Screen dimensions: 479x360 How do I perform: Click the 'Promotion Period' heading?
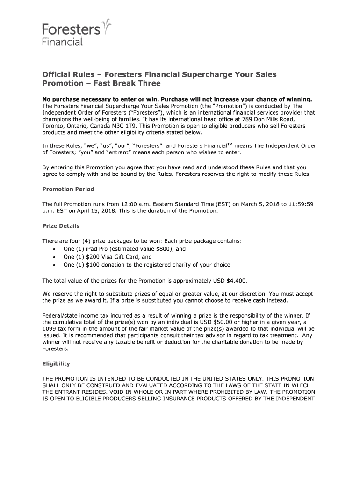click(x=68, y=189)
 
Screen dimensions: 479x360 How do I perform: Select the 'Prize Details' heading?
click(x=61, y=226)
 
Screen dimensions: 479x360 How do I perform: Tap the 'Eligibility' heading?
click(x=56, y=363)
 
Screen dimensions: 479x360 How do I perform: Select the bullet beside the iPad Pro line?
click(x=55, y=249)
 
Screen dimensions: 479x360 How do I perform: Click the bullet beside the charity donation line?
click(x=55, y=265)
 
